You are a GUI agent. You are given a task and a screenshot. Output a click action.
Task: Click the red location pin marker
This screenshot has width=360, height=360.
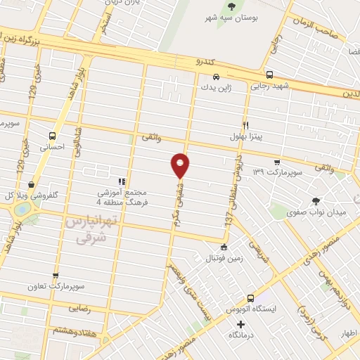181,165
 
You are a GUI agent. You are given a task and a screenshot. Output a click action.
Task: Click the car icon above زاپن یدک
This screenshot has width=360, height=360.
216,76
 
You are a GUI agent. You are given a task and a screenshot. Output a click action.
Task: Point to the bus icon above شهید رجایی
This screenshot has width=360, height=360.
269,74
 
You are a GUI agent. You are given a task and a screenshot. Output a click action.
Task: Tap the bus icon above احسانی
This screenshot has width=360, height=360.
52,136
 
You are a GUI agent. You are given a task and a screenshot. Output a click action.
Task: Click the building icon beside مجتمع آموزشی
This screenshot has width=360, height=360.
122,181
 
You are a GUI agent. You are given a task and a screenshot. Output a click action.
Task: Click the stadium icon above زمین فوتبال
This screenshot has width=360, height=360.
224,247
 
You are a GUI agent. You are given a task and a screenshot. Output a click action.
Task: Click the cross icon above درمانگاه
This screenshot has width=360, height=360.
241,325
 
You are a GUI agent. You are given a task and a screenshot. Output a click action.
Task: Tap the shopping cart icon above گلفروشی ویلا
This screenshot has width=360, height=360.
31,184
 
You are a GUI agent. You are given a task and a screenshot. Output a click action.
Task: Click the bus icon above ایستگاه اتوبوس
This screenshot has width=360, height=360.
250,298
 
